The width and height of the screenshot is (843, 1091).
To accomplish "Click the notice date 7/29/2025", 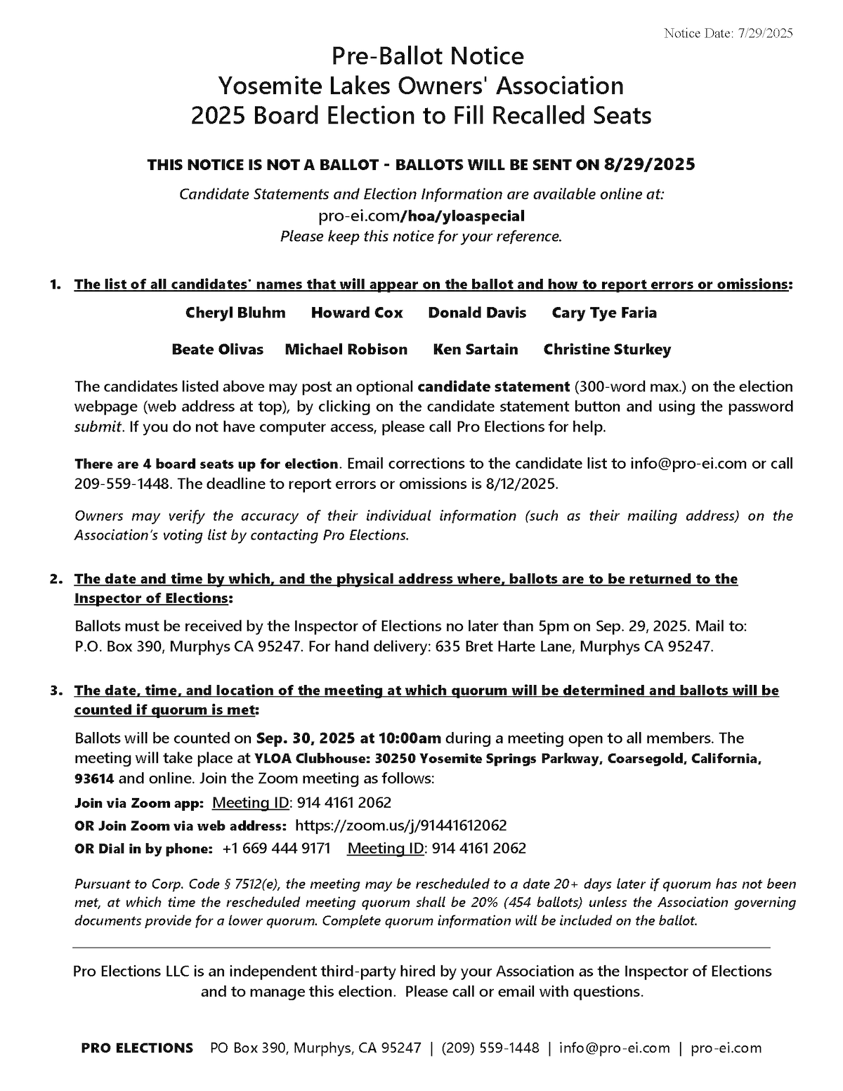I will [765, 34].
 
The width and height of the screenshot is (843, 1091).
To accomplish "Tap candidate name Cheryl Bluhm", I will [235, 313].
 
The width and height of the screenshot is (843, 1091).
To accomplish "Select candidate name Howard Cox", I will [357, 313].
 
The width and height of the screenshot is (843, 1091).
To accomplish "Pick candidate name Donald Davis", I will [477, 313].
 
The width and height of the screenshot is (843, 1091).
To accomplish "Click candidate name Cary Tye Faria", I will [604, 313].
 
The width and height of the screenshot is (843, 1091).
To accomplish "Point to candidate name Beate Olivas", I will [218, 349].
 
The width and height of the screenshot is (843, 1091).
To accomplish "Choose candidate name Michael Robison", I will [346, 349].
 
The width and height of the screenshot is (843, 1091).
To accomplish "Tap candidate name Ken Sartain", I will [476, 349].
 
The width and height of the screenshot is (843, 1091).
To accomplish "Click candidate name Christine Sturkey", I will [607, 349].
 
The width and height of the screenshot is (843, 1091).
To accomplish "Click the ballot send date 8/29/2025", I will [649, 164].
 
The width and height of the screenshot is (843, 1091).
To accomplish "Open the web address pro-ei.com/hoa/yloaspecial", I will [421, 216].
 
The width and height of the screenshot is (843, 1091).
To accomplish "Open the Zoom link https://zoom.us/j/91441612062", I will [400, 825].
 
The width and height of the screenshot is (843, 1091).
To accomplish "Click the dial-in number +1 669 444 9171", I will [276, 848].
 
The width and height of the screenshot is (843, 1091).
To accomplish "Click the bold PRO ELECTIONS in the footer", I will [137, 1048].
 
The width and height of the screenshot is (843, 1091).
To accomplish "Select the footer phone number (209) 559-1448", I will [490, 1048].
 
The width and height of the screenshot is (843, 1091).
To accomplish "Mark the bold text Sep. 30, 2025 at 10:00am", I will [348, 738].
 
